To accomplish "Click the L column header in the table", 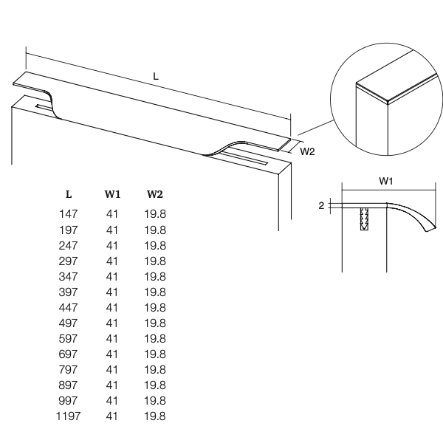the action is point(69,194).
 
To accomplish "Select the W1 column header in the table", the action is point(112,194).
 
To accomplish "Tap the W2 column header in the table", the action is point(155,194).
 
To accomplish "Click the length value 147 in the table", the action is point(69,214).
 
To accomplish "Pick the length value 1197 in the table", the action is point(69,416).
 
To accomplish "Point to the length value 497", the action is point(68,323).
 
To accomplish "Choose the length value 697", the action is point(68,354).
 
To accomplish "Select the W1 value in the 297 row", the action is point(112,261).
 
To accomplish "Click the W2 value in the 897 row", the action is point(155,385).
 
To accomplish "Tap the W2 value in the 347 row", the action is point(155,277).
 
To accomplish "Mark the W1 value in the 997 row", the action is point(112,401).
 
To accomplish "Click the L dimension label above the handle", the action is point(156,76).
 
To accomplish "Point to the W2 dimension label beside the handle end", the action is point(307,151).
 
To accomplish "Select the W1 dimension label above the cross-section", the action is point(386,181).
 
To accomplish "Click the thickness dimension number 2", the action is point(321,206).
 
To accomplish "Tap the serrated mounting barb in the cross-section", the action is point(364,219).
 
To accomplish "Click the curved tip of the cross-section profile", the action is point(431,229).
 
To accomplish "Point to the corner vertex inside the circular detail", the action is point(388,102).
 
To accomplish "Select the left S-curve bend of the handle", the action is point(53,104).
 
